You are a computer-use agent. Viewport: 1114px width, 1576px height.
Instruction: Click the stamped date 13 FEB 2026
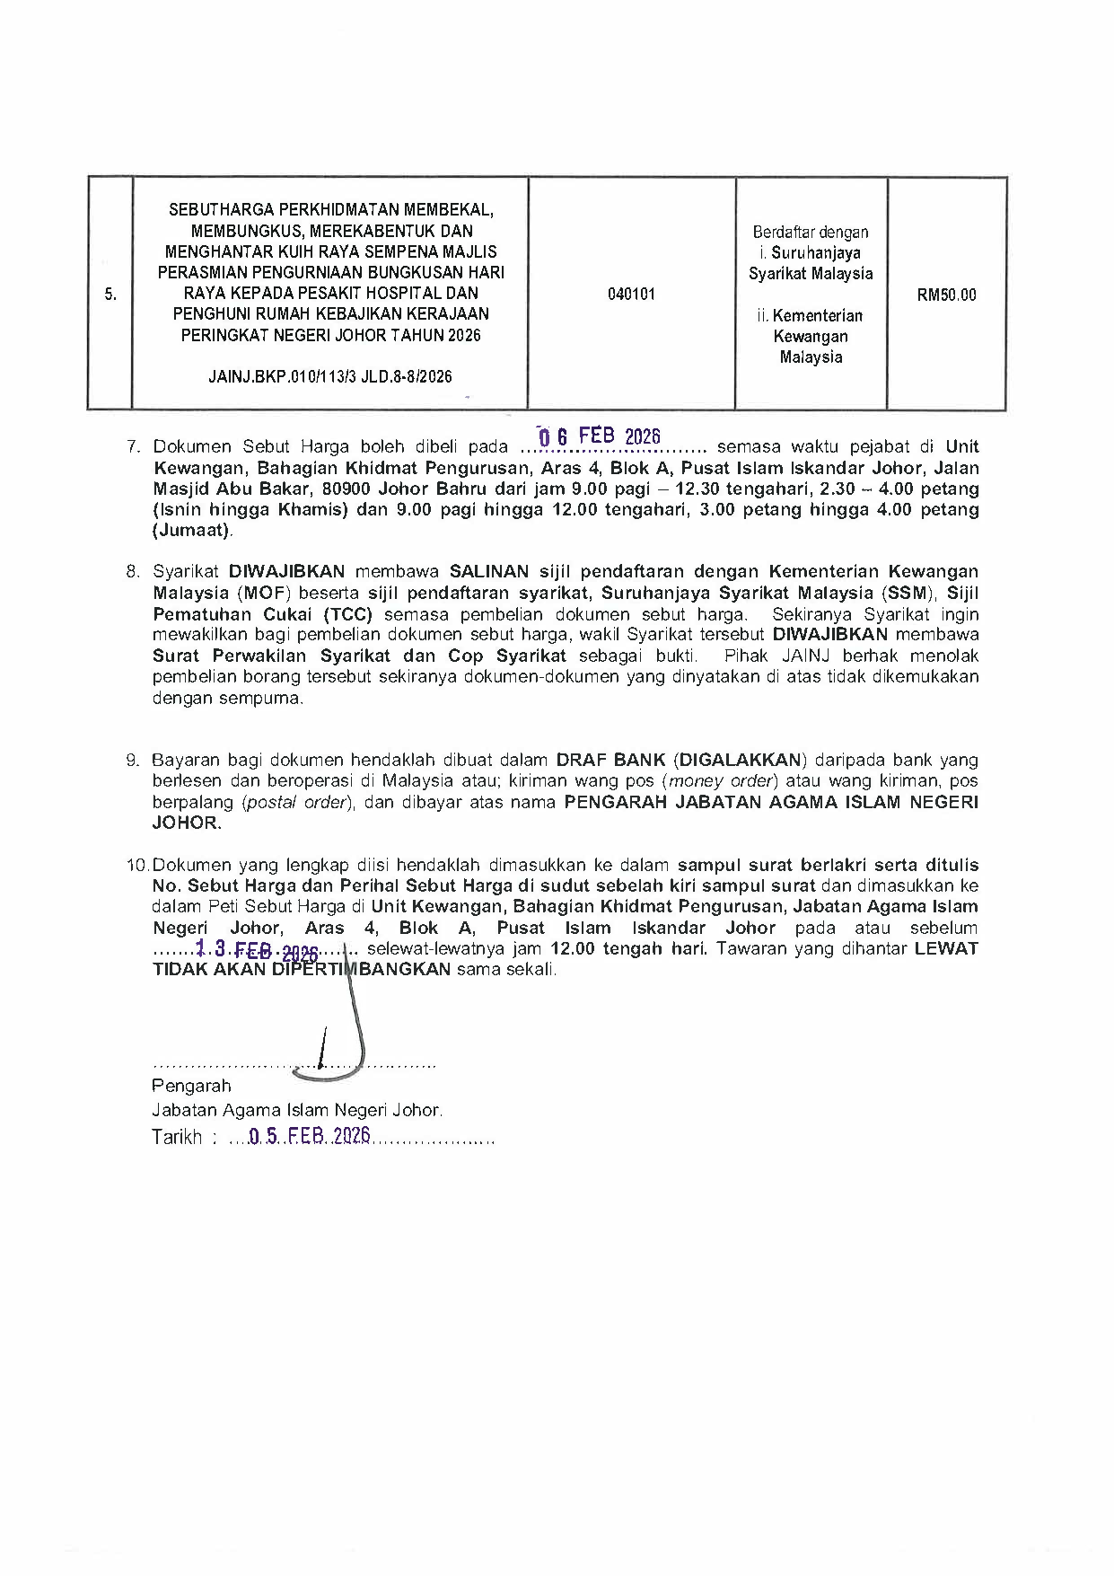(257, 949)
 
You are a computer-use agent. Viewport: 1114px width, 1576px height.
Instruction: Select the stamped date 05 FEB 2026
(309, 1136)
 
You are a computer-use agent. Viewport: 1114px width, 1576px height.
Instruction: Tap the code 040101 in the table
(631, 294)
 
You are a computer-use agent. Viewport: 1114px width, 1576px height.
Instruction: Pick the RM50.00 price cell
(946, 295)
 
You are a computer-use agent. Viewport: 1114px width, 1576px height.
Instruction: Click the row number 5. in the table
(110, 294)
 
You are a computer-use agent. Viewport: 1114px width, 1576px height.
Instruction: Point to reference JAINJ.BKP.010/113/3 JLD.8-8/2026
(330, 377)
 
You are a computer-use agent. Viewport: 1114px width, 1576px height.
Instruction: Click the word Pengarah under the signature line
(191, 1086)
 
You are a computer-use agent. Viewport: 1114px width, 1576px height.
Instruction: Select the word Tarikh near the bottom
(177, 1138)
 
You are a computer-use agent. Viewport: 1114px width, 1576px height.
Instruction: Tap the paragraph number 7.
(135, 447)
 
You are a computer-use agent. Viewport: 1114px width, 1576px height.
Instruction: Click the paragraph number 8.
(135, 572)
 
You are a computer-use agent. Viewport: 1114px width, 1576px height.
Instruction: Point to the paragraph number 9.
(135, 761)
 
